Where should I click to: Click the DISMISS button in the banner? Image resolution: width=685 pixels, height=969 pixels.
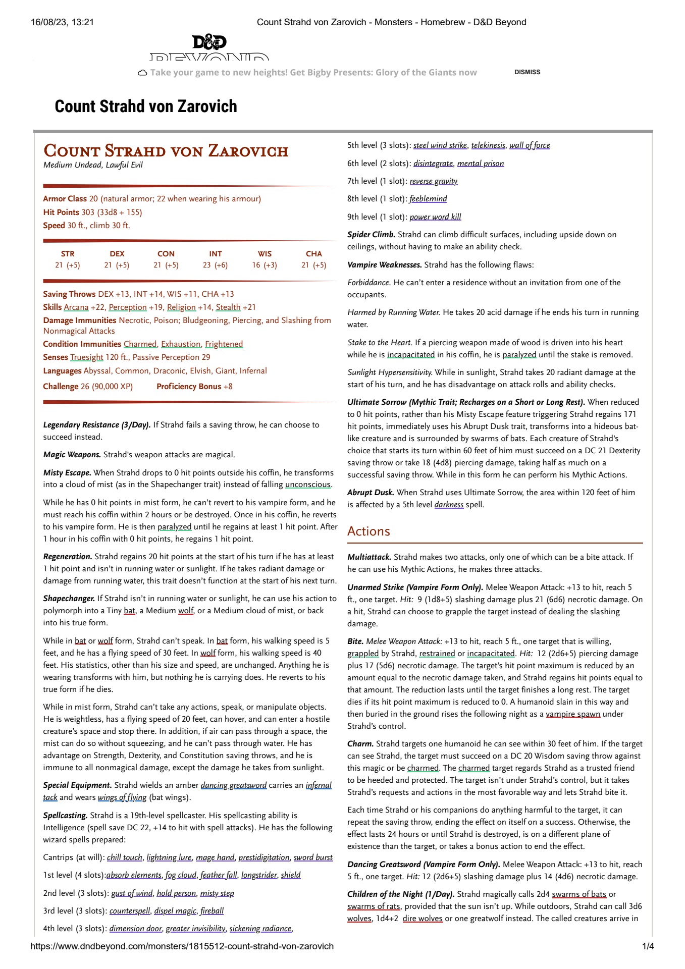[527, 72]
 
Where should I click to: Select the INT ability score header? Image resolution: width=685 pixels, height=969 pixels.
[216, 254]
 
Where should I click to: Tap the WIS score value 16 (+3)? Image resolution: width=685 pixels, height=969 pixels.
[265, 265]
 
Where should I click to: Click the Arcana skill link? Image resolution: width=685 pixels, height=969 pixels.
[76, 307]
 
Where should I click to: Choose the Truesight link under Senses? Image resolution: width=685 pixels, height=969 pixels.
[87, 357]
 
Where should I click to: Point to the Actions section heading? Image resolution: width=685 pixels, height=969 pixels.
[368, 531]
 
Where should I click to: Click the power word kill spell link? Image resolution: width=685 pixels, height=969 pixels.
[435, 217]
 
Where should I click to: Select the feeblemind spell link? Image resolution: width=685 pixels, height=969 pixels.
[428, 199]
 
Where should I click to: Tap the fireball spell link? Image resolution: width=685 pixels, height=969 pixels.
[212, 910]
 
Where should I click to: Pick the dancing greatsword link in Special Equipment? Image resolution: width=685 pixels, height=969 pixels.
[233, 785]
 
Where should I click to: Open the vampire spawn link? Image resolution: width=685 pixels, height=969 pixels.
[573, 714]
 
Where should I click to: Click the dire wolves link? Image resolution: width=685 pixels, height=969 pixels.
[423, 918]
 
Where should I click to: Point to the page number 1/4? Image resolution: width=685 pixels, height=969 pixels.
[648, 946]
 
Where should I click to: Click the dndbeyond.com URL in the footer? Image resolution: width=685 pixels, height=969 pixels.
[182, 946]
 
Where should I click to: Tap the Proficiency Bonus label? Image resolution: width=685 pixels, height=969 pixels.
[189, 387]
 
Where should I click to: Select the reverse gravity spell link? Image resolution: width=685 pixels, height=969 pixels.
[434, 181]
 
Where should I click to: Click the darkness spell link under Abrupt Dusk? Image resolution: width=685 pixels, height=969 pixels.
[449, 505]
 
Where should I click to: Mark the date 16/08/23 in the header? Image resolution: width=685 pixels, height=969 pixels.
[49, 22]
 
